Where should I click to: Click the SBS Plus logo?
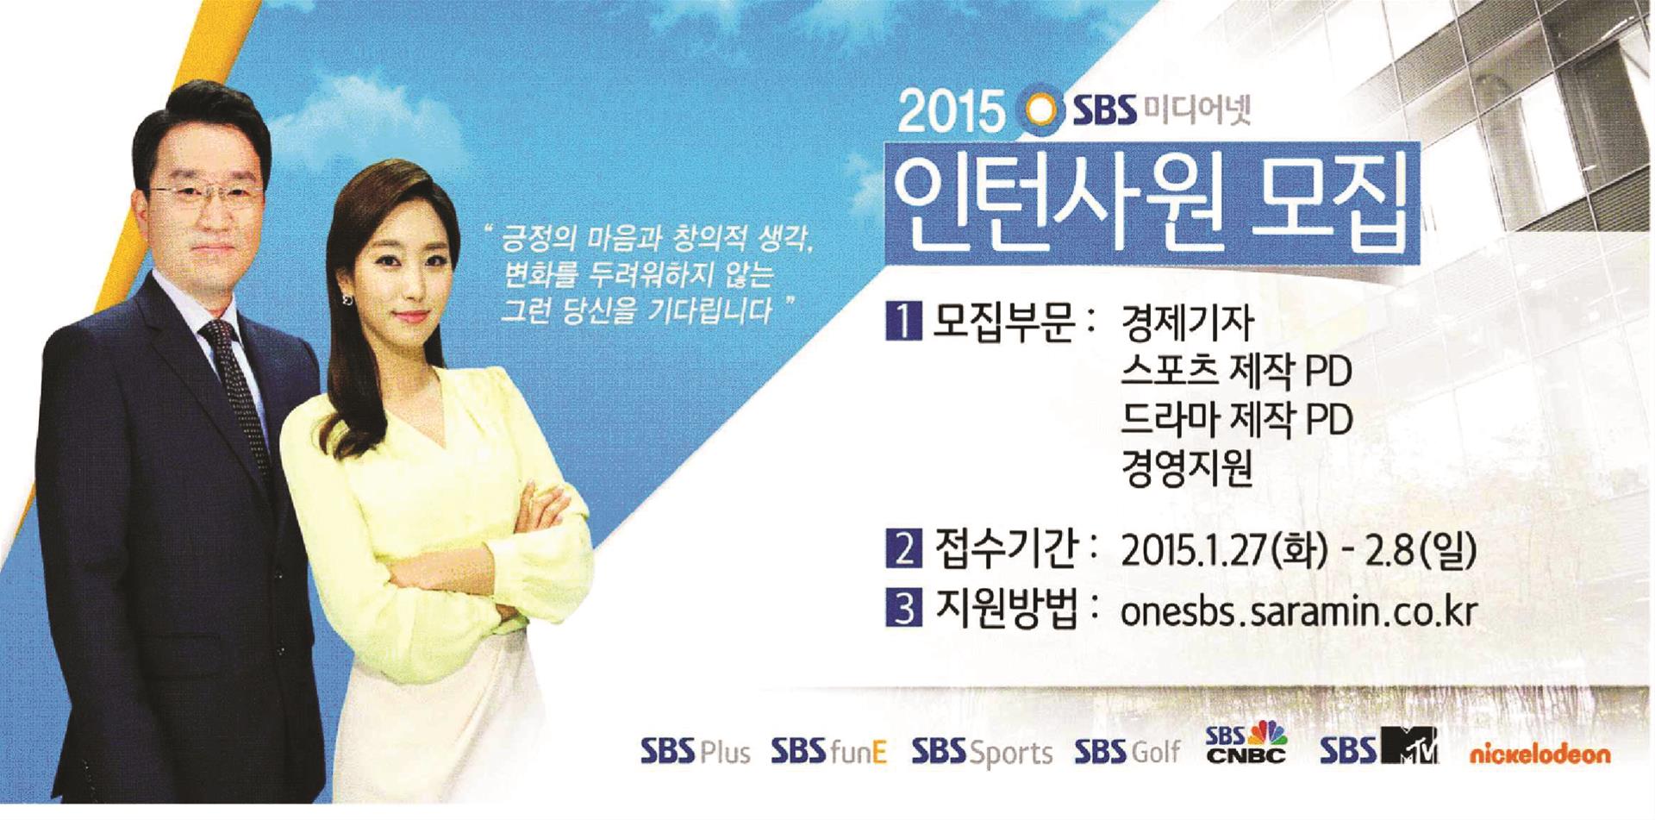(695, 751)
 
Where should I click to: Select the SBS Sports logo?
(982, 752)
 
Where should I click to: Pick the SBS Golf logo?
(1127, 751)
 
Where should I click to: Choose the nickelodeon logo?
(1539, 754)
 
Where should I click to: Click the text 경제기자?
(1187, 322)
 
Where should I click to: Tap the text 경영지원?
(1187, 469)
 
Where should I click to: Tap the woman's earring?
(347, 299)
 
